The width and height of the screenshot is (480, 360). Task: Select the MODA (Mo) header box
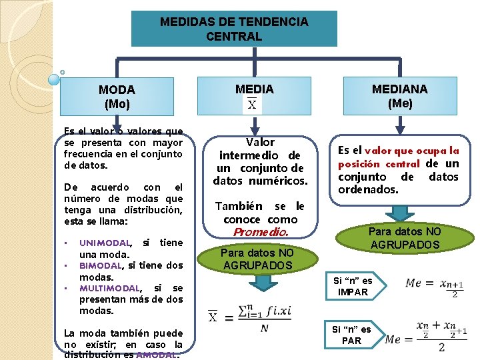point(117,96)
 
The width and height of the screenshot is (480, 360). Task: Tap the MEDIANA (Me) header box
point(399,96)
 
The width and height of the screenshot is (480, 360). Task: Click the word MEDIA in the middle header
point(254,89)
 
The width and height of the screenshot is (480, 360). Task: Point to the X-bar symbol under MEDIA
point(252,105)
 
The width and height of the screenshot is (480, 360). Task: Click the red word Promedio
point(260,233)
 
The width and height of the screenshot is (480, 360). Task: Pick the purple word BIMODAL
point(99,265)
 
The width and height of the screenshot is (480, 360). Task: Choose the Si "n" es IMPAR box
point(353,287)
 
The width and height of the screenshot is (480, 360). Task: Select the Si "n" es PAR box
point(351,335)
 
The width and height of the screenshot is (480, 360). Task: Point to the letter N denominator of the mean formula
point(265,328)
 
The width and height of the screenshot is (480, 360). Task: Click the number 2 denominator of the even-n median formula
point(441,347)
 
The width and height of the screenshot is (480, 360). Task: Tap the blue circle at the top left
point(54,79)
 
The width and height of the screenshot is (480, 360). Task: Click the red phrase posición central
point(379,164)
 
